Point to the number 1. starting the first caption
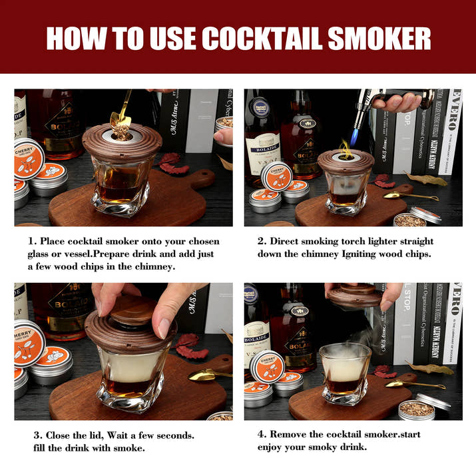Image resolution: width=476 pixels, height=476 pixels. coord(32,241)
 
